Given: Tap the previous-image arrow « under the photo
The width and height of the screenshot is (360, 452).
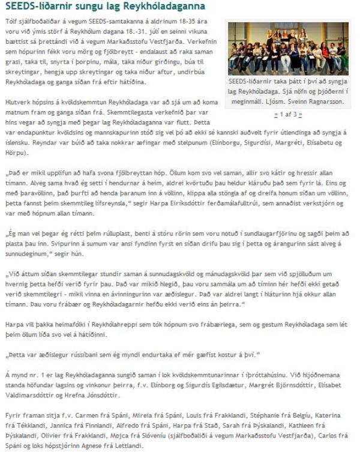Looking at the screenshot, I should click(275, 114).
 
